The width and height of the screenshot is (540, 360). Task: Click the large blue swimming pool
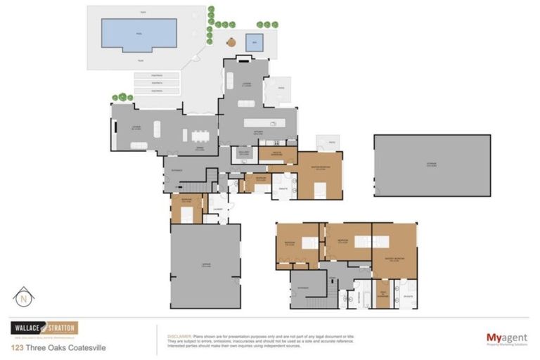pyautogui.click(x=139, y=34)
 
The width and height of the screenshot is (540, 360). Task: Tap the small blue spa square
pyautogui.click(x=254, y=42)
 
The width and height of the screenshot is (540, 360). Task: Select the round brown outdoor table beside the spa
pyautogui.click(x=231, y=42)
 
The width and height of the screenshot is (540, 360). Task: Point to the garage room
pyautogui.click(x=205, y=265)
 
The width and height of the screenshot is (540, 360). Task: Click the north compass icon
pyautogui.click(x=23, y=297)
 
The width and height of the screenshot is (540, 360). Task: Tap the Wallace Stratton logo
pyautogui.click(x=44, y=328)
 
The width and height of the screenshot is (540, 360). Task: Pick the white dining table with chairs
pyautogui.click(x=200, y=135)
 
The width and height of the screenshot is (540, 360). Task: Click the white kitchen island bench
pyautogui.click(x=264, y=123)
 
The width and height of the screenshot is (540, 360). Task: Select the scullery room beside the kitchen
pyautogui.click(x=244, y=154)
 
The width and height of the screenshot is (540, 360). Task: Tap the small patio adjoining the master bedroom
pyautogui.click(x=327, y=143)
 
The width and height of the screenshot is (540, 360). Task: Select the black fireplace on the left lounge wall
pyautogui.click(x=112, y=134)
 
